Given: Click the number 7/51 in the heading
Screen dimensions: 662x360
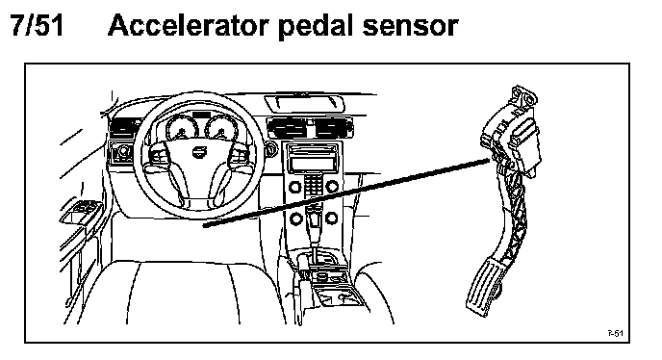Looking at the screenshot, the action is point(37,25).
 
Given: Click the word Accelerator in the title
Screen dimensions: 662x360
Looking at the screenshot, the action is point(189,25).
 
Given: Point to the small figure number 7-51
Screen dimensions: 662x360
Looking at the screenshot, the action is point(615,333).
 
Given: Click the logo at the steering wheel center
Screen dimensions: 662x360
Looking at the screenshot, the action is point(196,152).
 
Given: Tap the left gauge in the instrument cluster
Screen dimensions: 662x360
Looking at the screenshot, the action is point(182,127).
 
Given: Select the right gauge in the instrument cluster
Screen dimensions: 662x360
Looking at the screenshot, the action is point(220,127).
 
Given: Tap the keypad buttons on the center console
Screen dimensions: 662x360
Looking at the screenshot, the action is point(314,185).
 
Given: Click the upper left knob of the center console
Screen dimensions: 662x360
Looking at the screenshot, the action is point(295,186).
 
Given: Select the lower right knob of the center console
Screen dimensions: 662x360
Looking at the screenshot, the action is point(332,219).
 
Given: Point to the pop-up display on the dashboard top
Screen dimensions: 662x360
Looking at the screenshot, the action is point(304,103).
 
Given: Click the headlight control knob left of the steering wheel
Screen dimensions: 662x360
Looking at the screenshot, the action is point(124,151).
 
